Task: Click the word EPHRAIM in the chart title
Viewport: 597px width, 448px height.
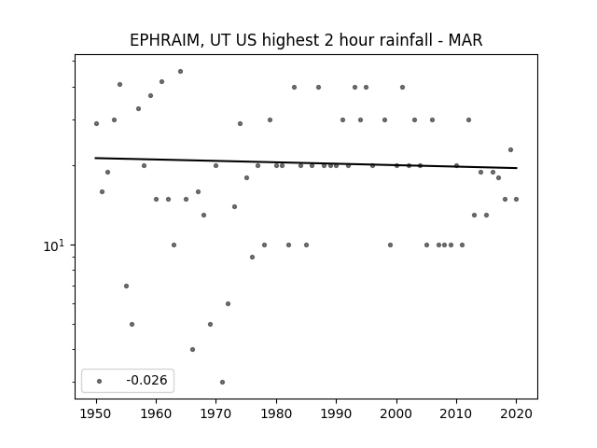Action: (164, 40)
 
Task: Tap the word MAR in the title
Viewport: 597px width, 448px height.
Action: (465, 40)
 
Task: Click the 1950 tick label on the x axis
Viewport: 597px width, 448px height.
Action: (96, 413)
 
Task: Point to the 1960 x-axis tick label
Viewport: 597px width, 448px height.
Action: (156, 413)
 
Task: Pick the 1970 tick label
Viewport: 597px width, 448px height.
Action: (215, 413)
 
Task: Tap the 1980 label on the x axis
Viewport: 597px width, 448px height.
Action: (276, 413)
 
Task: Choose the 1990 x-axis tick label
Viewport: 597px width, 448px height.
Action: (336, 413)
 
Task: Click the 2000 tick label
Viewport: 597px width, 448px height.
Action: (396, 413)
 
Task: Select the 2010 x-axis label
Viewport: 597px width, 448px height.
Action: (456, 413)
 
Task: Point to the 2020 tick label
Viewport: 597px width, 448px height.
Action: (516, 413)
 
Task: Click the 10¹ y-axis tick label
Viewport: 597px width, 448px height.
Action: (54, 245)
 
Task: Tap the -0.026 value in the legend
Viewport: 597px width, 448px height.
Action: (146, 380)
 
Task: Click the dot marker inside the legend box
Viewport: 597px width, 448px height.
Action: (100, 381)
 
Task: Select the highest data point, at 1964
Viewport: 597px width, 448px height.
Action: (180, 71)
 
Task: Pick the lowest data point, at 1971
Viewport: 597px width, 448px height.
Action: (222, 382)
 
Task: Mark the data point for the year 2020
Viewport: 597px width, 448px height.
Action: (516, 199)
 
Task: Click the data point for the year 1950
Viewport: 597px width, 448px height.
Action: (96, 123)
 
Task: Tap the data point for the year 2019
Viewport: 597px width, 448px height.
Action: (510, 149)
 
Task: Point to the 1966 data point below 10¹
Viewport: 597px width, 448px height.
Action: (192, 349)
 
